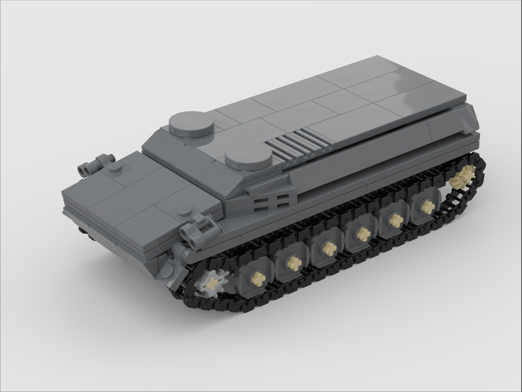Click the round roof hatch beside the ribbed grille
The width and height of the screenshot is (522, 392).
[x=249, y=156]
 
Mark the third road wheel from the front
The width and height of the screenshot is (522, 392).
[x=329, y=249]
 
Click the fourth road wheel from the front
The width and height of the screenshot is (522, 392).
[x=363, y=234]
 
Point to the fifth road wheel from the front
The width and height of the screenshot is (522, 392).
[x=396, y=220]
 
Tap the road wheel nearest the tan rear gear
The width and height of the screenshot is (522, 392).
[x=428, y=207]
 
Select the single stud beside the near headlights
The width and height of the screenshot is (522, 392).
[x=184, y=212]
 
